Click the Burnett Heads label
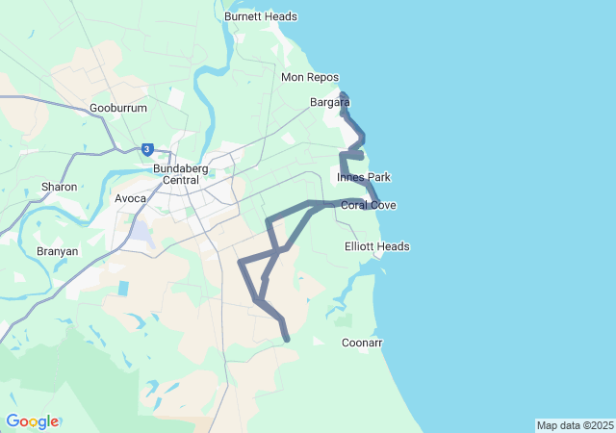(x=260, y=16)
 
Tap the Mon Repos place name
(x=306, y=77)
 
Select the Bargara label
(x=329, y=102)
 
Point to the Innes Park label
(x=363, y=178)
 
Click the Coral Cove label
(x=369, y=206)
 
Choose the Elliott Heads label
(x=376, y=247)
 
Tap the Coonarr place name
(x=362, y=344)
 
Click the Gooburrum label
(x=118, y=109)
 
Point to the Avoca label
(x=131, y=199)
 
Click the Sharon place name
(x=59, y=187)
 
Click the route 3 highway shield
(x=146, y=149)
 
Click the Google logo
(x=32, y=421)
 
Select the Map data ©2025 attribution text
(x=575, y=425)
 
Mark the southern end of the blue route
(x=287, y=339)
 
